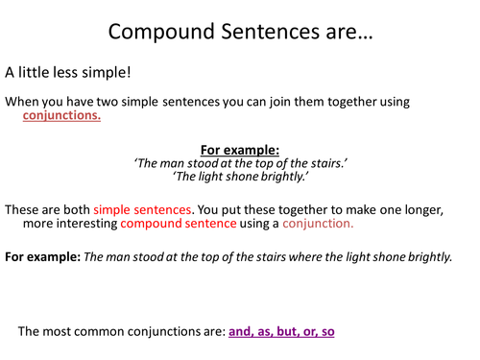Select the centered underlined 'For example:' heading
239,150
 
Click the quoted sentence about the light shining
240,178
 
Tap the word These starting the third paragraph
24,208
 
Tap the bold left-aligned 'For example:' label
41,256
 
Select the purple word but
289,331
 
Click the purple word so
328,331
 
